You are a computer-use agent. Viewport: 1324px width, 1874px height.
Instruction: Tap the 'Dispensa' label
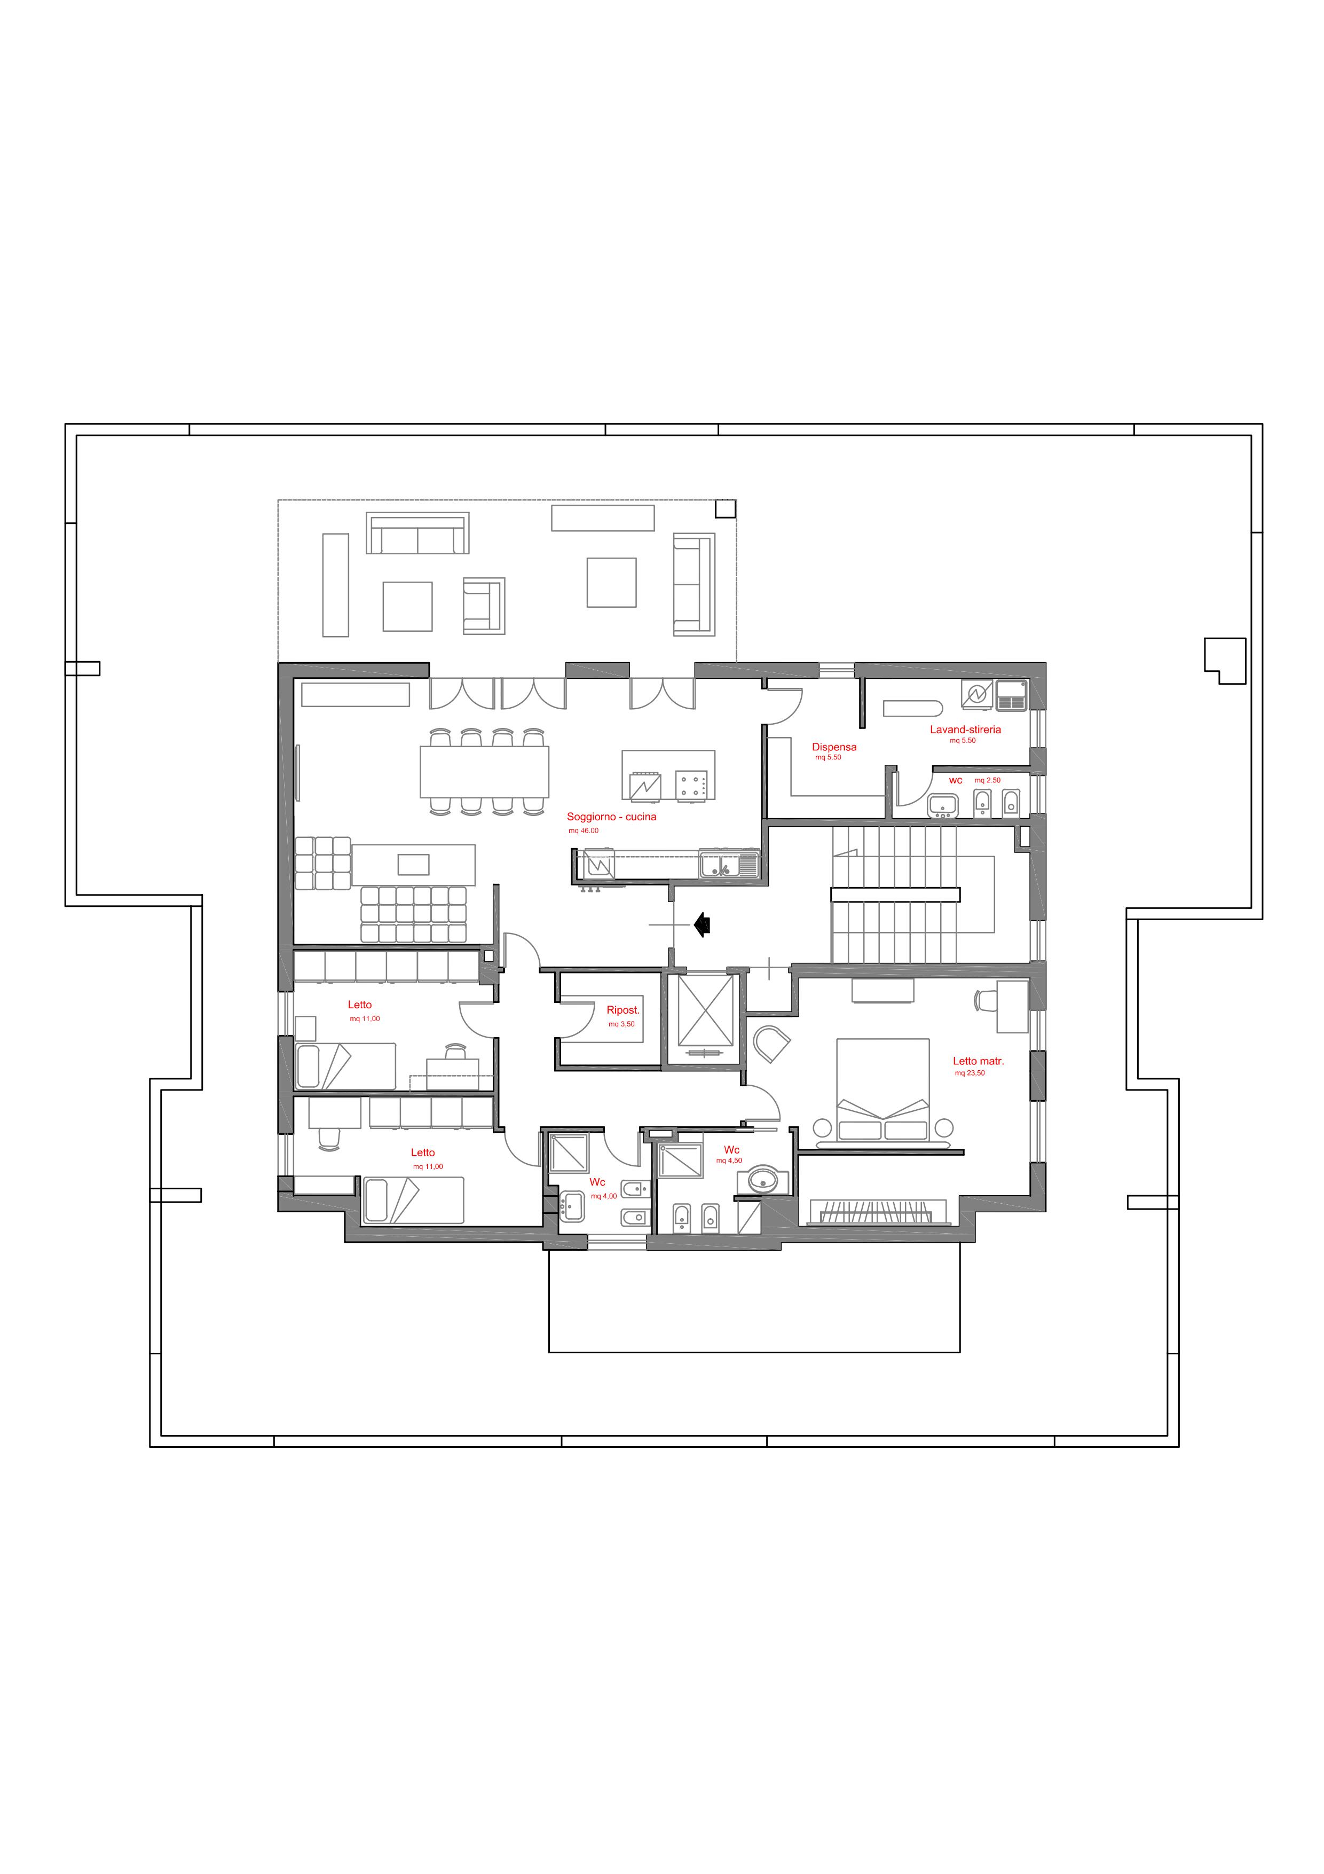pos(834,747)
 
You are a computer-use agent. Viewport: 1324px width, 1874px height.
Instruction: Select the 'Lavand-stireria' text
pos(965,730)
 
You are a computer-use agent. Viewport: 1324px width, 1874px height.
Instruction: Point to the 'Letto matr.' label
pos(978,1061)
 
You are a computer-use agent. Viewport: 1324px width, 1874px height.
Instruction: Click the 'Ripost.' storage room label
pos(623,1010)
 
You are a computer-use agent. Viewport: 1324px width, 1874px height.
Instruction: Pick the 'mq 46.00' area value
pos(584,831)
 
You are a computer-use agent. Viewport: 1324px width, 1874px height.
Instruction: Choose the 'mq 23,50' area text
pos(970,1073)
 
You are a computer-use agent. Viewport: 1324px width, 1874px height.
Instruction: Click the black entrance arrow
pos(702,925)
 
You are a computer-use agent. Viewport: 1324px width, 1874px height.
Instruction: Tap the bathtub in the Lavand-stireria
pos(913,709)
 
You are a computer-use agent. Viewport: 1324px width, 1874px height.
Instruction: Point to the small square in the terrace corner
pos(725,508)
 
